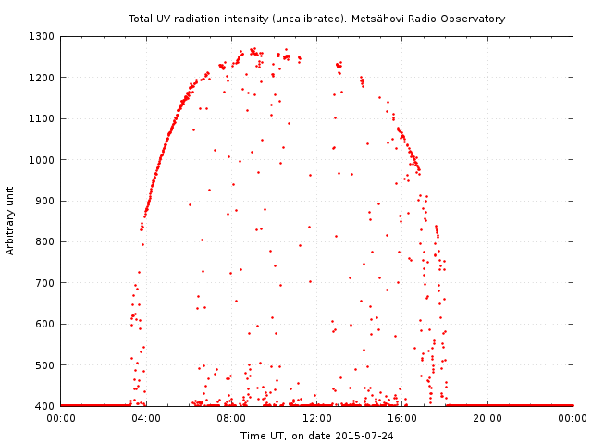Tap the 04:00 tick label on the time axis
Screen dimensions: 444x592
[x=146, y=419]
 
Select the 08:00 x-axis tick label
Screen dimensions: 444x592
[x=231, y=419]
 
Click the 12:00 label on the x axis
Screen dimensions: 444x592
[x=317, y=419]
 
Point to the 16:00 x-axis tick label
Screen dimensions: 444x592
[x=402, y=419]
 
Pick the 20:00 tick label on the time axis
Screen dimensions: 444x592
[x=487, y=419]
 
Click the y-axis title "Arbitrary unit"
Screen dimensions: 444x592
[x=11, y=220]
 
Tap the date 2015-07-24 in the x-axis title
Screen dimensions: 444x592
[x=364, y=436]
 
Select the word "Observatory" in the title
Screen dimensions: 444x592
[x=475, y=18]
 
